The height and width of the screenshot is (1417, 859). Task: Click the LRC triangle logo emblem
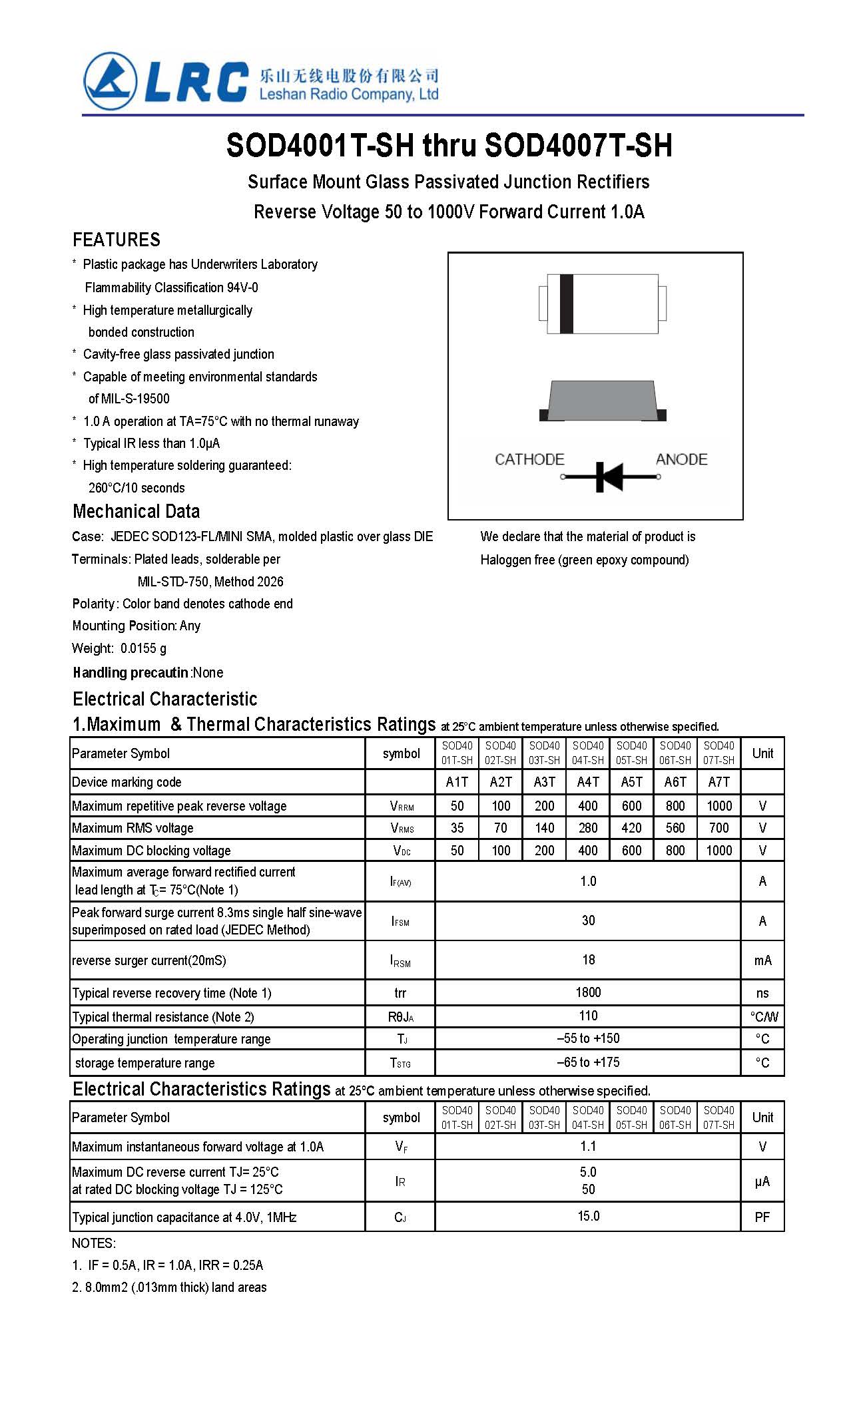tap(110, 81)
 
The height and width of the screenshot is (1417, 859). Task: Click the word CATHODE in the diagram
tap(529, 459)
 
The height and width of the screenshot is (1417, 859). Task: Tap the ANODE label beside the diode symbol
tap(681, 459)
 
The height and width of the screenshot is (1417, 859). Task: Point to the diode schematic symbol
tap(609, 477)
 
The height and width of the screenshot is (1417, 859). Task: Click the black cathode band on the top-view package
tap(567, 304)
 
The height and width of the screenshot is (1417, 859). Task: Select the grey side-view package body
tap(601, 401)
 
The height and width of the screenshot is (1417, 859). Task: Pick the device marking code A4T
tap(588, 782)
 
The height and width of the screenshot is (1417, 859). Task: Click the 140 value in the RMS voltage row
tap(544, 828)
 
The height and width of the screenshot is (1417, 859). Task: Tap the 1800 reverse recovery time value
tap(588, 992)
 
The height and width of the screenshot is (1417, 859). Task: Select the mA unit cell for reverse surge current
tap(762, 960)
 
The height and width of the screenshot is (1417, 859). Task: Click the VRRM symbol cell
tap(402, 806)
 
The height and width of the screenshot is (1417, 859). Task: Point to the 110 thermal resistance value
tap(588, 1016)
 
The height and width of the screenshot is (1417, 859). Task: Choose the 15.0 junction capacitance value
tap(588, 1216)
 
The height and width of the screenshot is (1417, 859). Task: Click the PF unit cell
tap(762, 1217)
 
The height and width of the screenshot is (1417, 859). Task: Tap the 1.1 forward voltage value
tap(588, 1146)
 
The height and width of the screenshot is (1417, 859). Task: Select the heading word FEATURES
tap(117, 240)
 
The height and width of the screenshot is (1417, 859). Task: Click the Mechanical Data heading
tap(136, 511)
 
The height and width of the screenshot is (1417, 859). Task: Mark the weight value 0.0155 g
tap(143, 648)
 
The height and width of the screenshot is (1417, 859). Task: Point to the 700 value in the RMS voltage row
tap(718, 828)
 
